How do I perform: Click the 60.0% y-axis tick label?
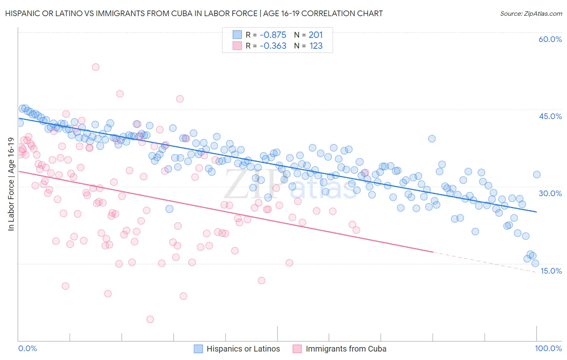pos(550,39)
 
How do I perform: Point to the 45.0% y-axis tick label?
pos(550,116)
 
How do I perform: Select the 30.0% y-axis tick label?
pos(550,193)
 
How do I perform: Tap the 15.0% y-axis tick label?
pos(550,271)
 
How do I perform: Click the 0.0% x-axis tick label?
pos(27,348)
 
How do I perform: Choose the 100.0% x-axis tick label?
pos(548,348)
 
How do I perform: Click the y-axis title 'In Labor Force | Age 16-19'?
pos(11,184)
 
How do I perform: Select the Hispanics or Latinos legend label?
pos(243,349)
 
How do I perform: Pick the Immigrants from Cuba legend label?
pos(346,349)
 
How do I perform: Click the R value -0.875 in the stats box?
pos(273,35)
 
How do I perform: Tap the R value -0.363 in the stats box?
pos(273,46)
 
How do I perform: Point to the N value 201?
pos(316,35)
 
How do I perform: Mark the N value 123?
pos(316,46)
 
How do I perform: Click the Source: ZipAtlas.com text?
pos(531,14)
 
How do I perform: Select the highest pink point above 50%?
pos(96,67)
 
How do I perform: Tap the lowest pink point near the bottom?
pos(150,319)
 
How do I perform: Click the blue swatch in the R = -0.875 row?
pos(237,35)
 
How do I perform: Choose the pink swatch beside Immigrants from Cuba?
pos(297,349)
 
